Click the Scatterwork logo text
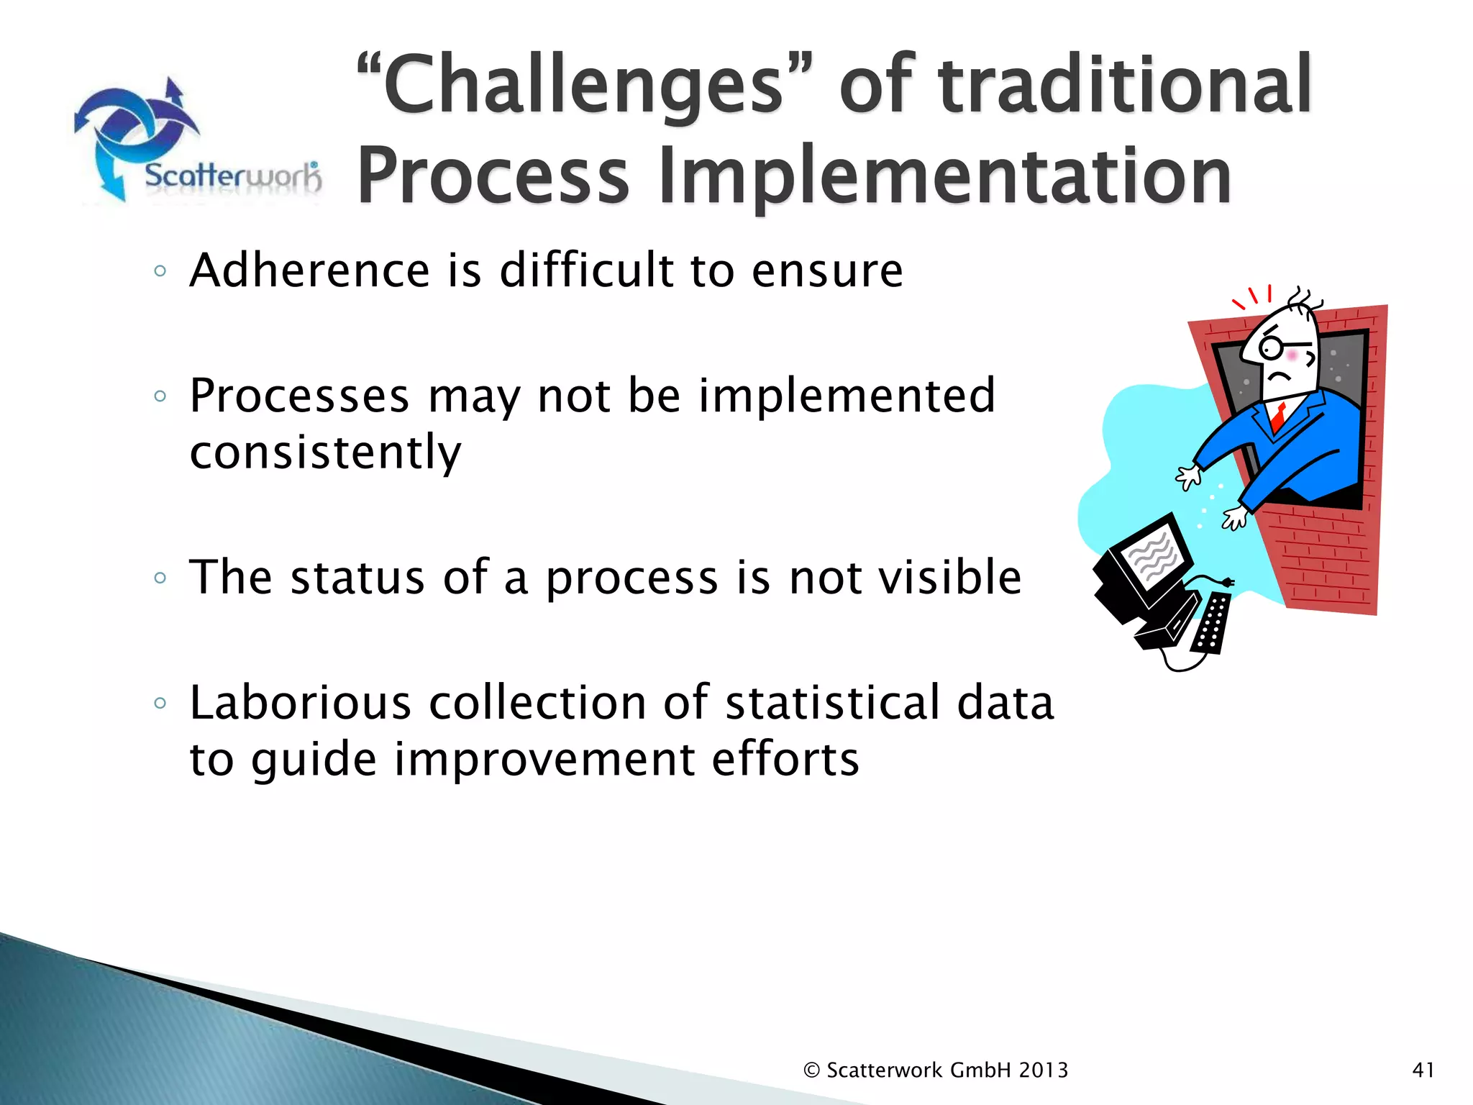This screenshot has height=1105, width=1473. click(x=232, y=176)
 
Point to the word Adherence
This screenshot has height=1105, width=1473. click(x=309, y=270)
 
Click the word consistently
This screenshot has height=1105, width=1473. click(x=325, y=453)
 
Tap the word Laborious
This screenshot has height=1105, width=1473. click(x=300, y=703)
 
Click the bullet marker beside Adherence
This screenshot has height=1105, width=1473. click(x=160, y=272)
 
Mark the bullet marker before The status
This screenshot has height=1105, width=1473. click(x=160, y=578)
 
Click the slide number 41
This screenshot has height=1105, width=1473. click(x=1423, y=1070)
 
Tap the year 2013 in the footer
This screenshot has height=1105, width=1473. click(x=1043, y=1070)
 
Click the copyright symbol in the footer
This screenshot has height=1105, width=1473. click(x=812, y=1070)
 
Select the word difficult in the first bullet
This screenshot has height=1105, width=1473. click(x=585, y=270)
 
